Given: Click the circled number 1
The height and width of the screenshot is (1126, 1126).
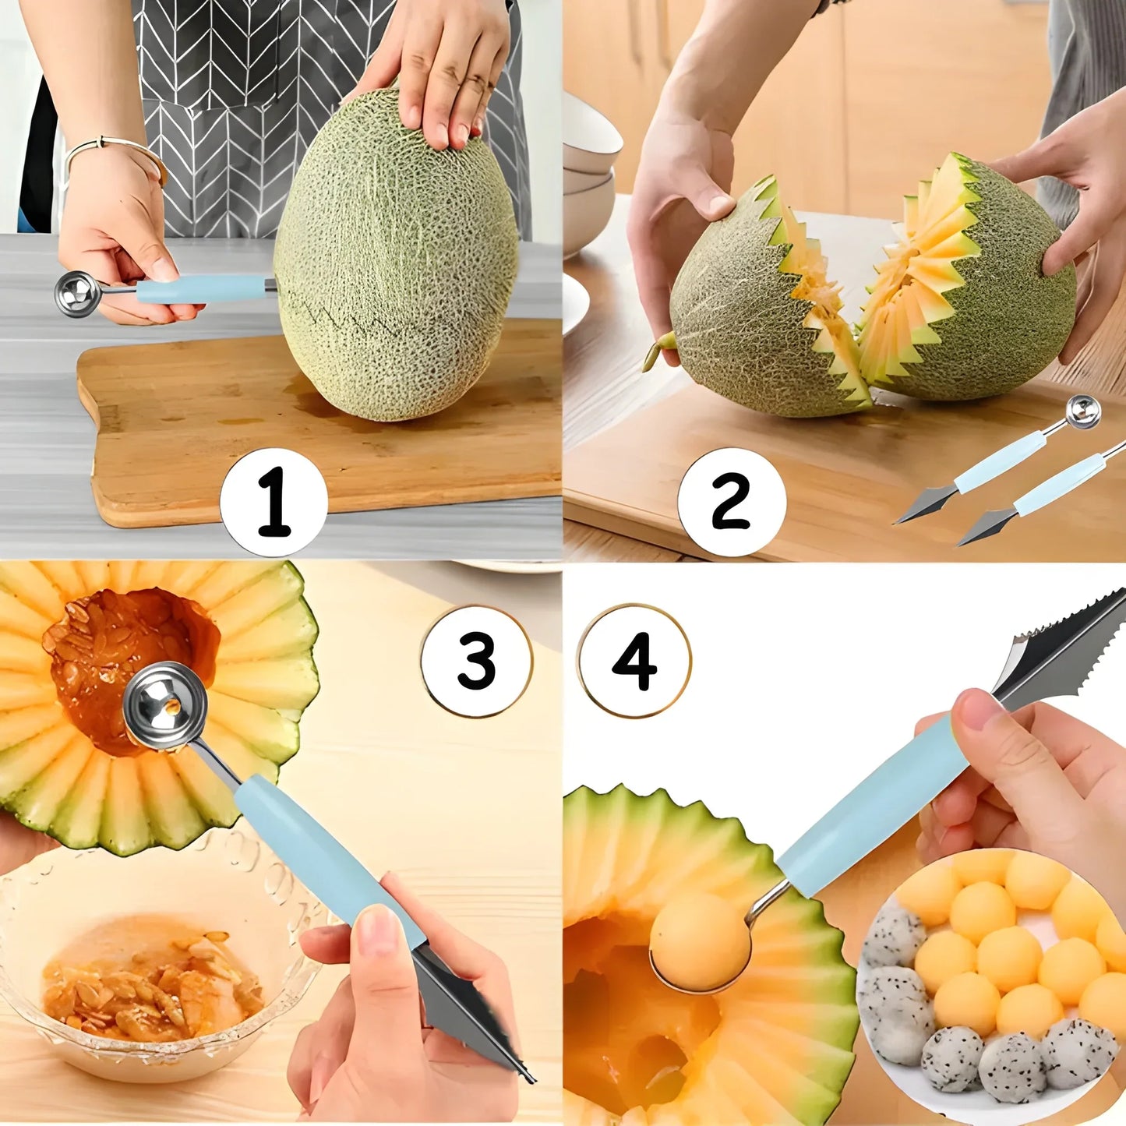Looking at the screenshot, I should [x=274, y=502].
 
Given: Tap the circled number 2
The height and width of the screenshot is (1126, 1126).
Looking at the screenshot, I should [x=731, y=502].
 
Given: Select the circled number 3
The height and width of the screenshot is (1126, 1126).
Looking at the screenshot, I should [x=476, y=661].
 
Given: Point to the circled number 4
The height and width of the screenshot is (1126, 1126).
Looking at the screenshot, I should [x=634, y=661].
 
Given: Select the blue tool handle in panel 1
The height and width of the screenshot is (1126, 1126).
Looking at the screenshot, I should [x=201, y=288].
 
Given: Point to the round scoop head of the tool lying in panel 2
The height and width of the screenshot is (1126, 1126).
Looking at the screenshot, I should [x=1083, y=411].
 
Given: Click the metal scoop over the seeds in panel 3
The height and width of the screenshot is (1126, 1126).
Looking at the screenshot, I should [x=165, y=705].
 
